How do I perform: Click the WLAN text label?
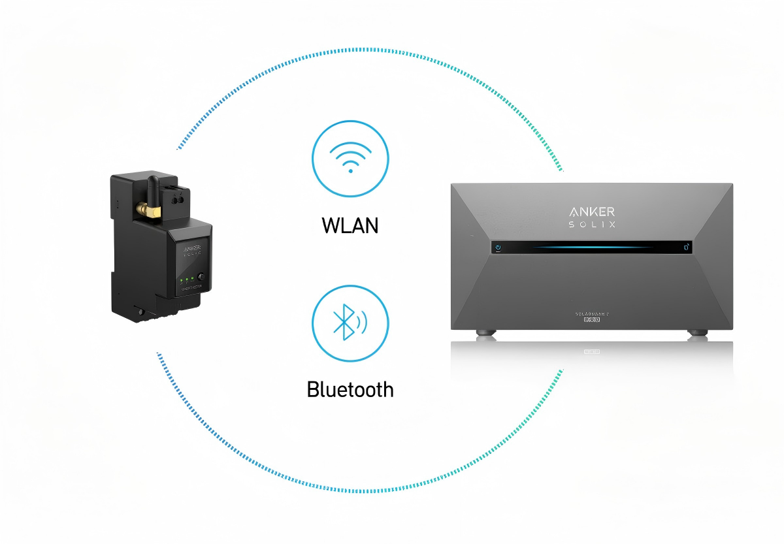[350, 226]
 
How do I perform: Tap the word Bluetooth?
[350, 390]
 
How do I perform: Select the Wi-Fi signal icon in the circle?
[351, 158]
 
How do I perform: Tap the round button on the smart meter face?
[201, 277]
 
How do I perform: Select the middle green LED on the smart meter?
[187, 280]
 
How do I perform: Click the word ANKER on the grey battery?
[591, 211]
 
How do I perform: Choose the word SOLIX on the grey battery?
[591, 225]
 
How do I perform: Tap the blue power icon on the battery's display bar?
[498, 248]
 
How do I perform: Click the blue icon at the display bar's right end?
[685, 248]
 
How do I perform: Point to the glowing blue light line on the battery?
[591, 248]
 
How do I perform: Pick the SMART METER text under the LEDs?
[191, 288]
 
